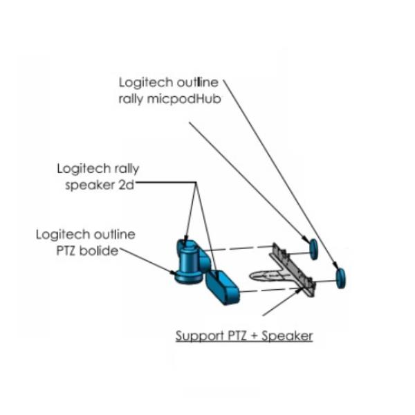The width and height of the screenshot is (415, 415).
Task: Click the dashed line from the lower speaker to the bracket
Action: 263,291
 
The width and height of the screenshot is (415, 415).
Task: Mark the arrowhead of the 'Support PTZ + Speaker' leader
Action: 302,289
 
